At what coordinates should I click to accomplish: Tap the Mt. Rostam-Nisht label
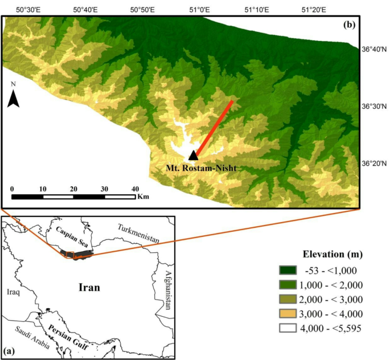201,168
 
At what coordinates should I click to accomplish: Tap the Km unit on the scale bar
143,197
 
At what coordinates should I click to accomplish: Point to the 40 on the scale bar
136,189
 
